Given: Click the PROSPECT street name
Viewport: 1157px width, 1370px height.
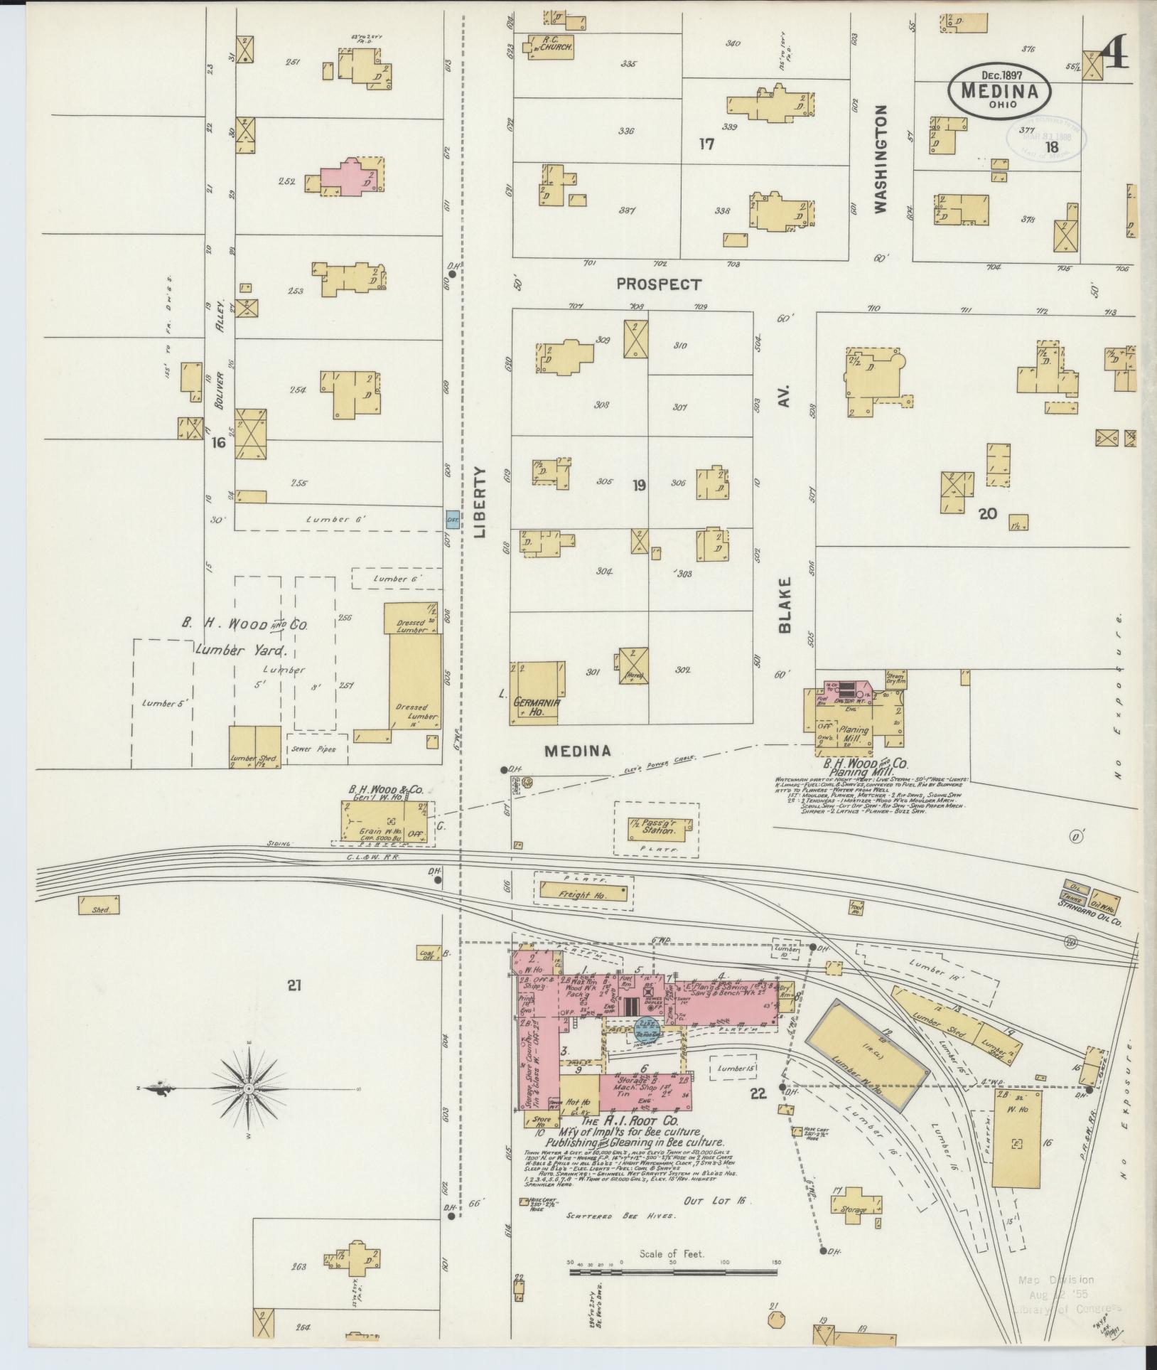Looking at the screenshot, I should click(658, 284).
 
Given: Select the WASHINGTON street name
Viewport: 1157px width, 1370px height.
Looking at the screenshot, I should click(881, 159).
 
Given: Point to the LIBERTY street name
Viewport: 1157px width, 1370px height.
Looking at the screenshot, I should click(481, 501).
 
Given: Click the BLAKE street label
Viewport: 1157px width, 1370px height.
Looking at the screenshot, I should click(785, 604).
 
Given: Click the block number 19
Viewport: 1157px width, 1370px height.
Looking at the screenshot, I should click(639, 486).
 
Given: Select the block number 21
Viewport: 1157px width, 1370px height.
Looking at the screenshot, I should click(295, 985).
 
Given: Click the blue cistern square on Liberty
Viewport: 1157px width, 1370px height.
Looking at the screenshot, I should click(451, 520).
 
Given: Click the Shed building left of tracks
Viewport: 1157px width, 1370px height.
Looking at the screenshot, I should click(99, 904).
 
